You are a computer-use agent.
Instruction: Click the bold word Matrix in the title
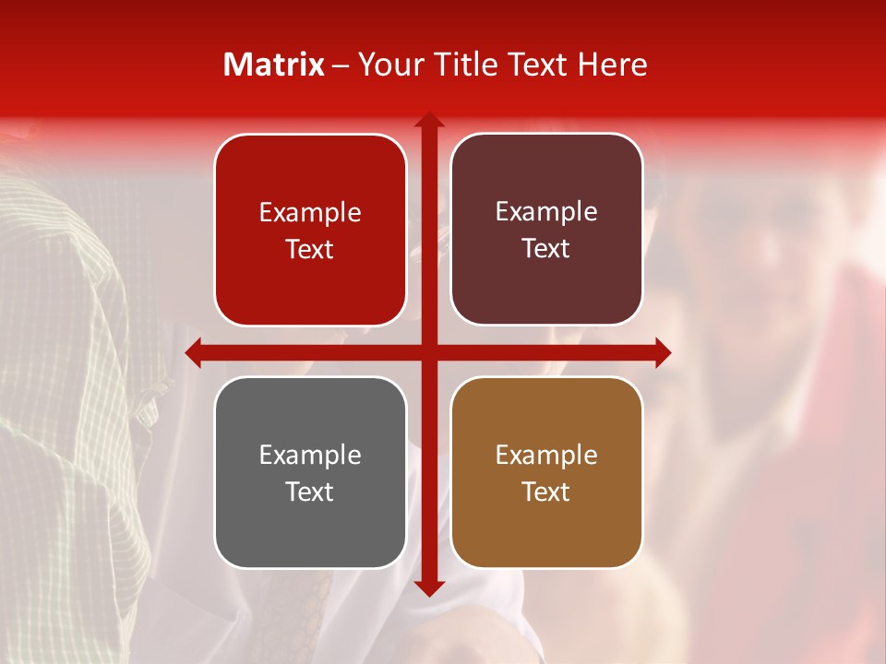[x=274, y=65]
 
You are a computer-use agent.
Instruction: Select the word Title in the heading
[x=467, y=65]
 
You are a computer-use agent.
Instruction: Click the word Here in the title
[x=613, y=65]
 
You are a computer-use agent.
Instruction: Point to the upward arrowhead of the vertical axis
[x=428, y=121]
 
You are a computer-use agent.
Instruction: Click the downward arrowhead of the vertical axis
[x=428, y=587]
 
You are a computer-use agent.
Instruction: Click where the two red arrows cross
[x=428, y=352]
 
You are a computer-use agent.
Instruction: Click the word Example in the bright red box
[x=310, y=213]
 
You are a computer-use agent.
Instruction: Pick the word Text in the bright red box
[x=310, y=249]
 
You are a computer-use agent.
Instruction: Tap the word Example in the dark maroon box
[x=546, y=212]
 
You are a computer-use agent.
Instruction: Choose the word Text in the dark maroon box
[x=546, y=248]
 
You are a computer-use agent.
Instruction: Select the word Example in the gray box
[x=310, y=456]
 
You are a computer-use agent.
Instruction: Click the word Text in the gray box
[x=310, y=492]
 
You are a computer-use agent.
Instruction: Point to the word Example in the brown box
[x=546, y=456]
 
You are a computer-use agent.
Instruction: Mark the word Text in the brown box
[x=546, y=492]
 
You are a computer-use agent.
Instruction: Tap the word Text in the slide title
[x=535, y=65]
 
